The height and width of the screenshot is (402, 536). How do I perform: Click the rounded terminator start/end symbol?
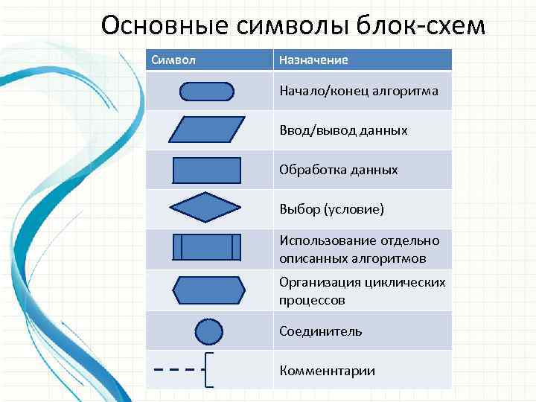pyautogui.click(x=207, y=92)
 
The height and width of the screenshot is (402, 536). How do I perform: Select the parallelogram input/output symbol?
pyautogui.click(x=207, y=130)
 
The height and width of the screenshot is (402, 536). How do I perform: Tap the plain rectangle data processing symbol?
pyautogui.click(x=207, y=170)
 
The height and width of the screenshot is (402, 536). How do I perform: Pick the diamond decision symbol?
pyautogui.click(x=207, y=208)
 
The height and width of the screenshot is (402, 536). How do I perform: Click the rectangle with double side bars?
pyautogui.click(x=207, y=247)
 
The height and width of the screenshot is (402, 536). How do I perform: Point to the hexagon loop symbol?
pyautogui.click(x=208, y=290)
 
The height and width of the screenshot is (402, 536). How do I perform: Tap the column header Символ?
pyautogui.click(x=173, y=60)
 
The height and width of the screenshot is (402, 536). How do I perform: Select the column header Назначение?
pyautogui.click(x=313, y=60)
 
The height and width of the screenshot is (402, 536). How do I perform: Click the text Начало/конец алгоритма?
pyautogui.click(x=358, y=91)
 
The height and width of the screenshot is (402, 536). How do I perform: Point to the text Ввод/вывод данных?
pyautogui.click(x=343, y=130)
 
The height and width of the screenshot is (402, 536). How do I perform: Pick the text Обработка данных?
pyautogui.click(x=338, y=170)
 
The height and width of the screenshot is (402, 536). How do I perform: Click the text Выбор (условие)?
pyautogui.click(x=331, y=209)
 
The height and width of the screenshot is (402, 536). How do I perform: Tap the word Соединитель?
pyautogui.click(x=321, y=331)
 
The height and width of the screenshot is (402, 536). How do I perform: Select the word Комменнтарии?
pyautogui.click(x=327, y=371)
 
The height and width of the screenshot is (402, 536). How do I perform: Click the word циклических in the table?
pyautogui.click(x=406, y=283)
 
